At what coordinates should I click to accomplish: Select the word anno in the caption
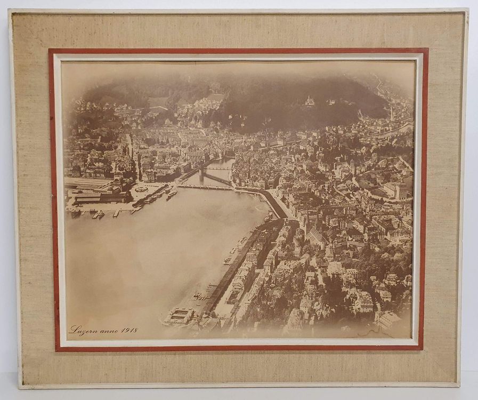click(108, 331)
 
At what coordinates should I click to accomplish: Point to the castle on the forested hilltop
click(310, 100)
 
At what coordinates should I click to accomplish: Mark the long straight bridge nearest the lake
click(205, 187)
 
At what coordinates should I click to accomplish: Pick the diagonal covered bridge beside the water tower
click(216, 178)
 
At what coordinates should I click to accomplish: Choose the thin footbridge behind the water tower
click(218, 169)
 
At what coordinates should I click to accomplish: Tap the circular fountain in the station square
click(141, 189)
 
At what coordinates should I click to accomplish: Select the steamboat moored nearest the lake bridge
click(172, 195)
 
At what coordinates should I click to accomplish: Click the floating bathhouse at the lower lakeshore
click(179, 316)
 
